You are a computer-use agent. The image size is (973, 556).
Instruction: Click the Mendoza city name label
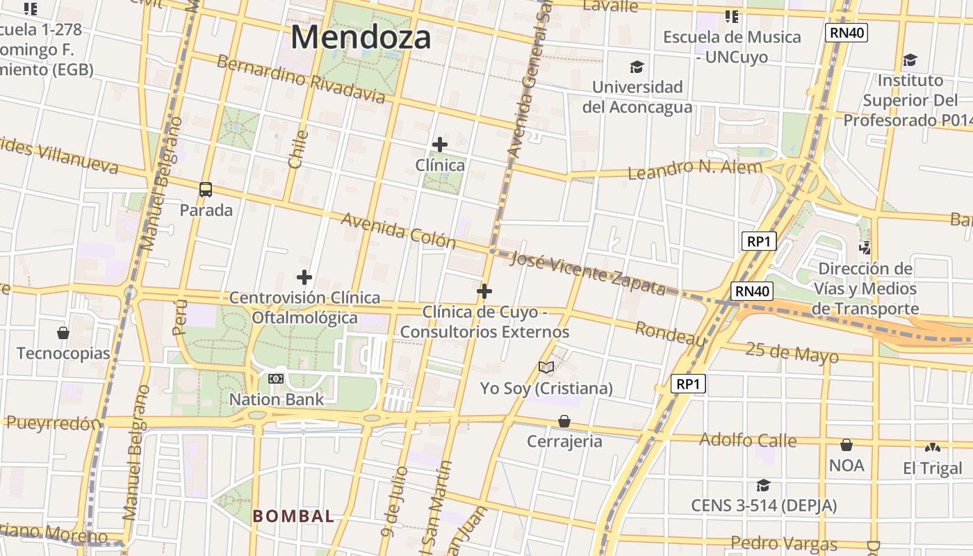tap(361, 37)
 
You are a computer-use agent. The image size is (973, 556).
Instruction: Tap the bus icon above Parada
tap(206, 189)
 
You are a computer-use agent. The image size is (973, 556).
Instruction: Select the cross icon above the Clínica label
tap(440, 145)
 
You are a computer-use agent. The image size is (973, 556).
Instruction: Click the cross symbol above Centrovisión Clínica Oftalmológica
tap(304, 277)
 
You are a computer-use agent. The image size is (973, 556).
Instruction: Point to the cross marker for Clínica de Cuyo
tap(484, 291)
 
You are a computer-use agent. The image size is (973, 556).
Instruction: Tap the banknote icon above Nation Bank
tap(276, 379)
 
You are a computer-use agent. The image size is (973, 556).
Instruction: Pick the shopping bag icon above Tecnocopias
tap(63, 333)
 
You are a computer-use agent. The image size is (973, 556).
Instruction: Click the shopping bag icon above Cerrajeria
tap(564, 421)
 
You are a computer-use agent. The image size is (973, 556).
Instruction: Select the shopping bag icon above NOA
tap(847, 445)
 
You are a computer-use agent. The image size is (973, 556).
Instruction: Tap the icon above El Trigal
tap(933, 448)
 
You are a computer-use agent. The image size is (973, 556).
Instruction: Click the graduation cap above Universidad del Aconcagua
tap(637, 67)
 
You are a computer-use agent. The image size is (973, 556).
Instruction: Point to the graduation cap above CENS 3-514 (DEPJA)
tap(763, 485)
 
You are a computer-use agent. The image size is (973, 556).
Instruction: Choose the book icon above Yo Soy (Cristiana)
tap(546, 367)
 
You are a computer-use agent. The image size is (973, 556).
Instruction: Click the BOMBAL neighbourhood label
tap(293, 516)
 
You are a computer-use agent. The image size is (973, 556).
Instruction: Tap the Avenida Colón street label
tap(398, 231)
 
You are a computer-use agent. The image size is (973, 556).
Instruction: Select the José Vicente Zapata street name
tap(588, 273)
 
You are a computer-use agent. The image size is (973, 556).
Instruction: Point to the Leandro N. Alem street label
tap(695, 168)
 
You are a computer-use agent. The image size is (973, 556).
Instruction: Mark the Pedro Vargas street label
tap(784, 543)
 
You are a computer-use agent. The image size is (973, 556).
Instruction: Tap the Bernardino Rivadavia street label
tap(301, 78)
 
